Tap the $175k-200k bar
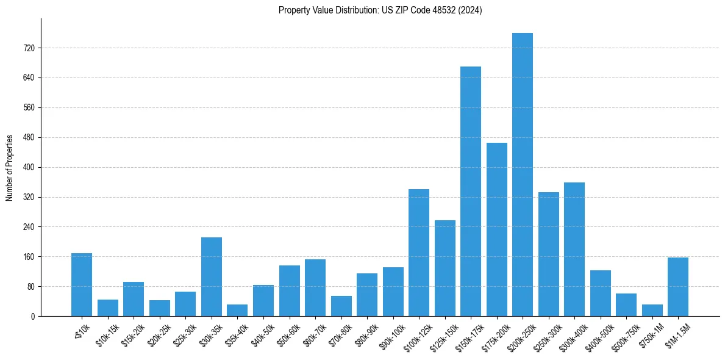[496, 229]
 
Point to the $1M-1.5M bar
[678, 287]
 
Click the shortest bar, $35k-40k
[237, 310]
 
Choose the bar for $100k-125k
[419, 253]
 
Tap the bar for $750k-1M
[652, 310]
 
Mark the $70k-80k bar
[341, 306]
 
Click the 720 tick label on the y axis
[29, 48]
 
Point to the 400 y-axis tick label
[29, 167]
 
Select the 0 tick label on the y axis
[34, 316]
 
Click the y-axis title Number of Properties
[10, 167]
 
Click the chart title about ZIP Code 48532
[380, 10]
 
